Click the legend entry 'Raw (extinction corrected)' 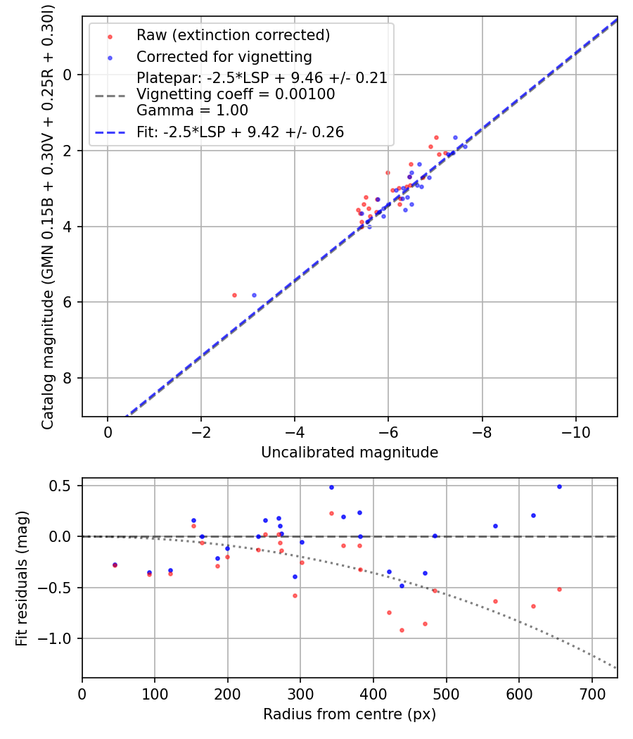click(233, 35)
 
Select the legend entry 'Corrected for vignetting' click(224, 56)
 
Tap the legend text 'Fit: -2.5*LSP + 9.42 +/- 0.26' click(240, 132)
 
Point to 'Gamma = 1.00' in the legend click(192, 110)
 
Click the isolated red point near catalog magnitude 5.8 click(234, 295)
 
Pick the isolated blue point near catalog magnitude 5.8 click(254, 295)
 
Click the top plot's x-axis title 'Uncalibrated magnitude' click(350, 453)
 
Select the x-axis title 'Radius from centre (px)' click(350, 714)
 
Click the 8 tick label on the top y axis click(68, 379)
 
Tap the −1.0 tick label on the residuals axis click(58, 638)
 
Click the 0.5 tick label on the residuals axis click(62, 486)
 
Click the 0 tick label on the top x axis click(108, 431)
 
